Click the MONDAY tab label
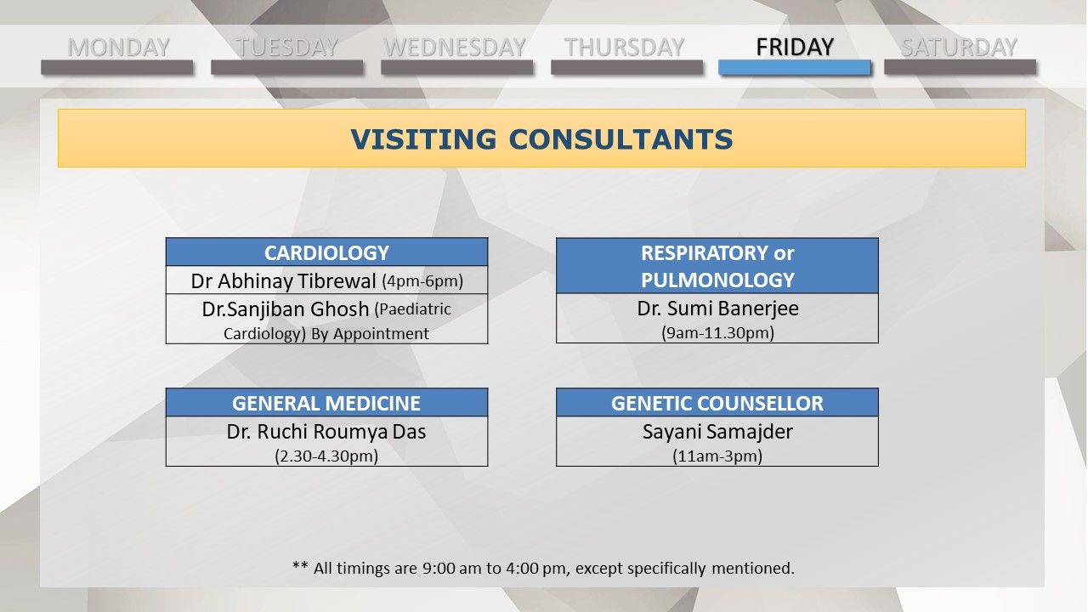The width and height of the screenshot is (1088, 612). point(118,48)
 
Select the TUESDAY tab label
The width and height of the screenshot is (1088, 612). point(287,48)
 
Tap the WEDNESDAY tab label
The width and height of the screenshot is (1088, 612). point(455,48)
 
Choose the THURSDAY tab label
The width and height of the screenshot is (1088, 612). point(624,48)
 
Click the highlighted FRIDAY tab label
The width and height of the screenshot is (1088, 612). point(795,47)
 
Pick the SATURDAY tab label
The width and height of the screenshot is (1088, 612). point(960,48)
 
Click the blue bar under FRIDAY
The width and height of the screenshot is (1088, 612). point(795,67)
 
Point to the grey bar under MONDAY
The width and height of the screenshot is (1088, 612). point(117,67)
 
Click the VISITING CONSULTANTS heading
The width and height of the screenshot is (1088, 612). point(541,139)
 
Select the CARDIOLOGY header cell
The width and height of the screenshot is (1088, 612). point(327,252)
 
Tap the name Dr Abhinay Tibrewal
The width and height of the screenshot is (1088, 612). point(283,280)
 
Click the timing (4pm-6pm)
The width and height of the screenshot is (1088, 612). point(422,280)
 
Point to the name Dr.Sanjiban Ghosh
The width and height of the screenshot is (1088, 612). point(286,309)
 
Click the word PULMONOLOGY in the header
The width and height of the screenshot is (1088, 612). point(717,280)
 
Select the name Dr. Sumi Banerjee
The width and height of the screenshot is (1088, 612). point(717,309)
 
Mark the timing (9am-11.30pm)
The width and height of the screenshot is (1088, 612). point(717,332)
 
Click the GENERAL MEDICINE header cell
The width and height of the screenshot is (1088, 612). point(327,403)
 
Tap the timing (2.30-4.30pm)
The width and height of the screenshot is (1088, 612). point(326,456)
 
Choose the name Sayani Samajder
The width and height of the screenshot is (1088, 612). point(717,431)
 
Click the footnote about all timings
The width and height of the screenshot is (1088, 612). point(543,568)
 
